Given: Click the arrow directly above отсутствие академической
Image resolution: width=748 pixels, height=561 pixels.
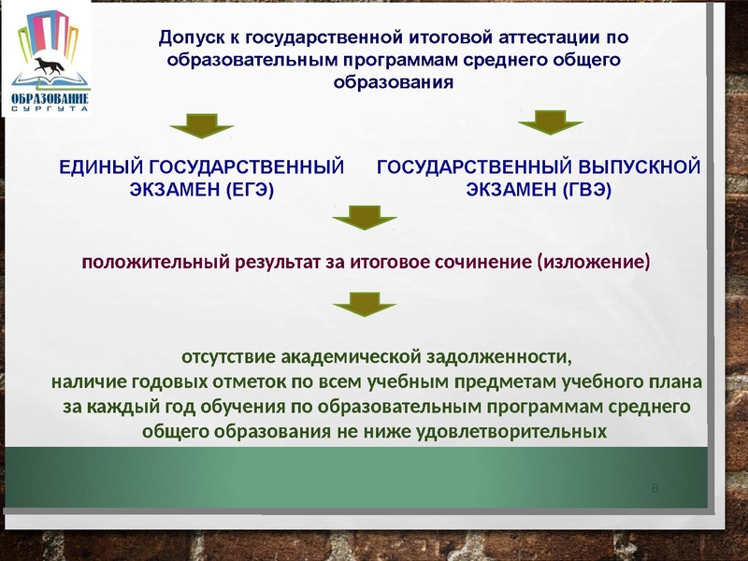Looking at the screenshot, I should coord(365,303).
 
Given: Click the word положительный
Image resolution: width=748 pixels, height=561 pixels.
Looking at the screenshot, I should coord(154,262).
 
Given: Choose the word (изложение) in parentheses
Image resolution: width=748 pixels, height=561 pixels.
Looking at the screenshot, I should coord(593,262).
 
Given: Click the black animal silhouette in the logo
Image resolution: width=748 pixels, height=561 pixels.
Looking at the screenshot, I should coord(50,65).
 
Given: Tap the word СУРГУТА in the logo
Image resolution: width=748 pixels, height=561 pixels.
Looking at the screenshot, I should coord(50,108).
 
